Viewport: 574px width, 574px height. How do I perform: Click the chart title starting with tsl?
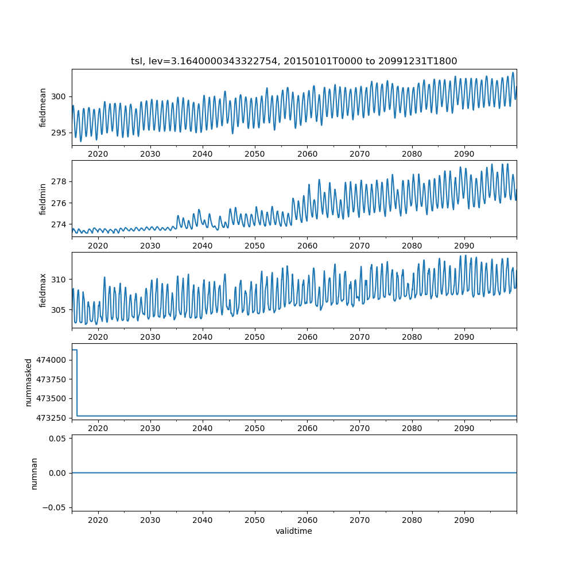[294, 61]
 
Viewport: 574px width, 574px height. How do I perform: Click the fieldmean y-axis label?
[43, 107]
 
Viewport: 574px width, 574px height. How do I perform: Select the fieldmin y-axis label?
[43, 199]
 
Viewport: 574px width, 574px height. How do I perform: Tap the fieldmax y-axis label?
[43, 290]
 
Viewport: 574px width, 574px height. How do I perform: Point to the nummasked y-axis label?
[29, 382]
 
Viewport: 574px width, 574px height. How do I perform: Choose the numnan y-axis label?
[34, 473]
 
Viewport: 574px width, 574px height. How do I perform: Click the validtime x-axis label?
[294, 531]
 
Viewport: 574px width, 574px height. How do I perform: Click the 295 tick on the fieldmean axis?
[59, 133]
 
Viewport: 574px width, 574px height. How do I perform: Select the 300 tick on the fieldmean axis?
[59, 96]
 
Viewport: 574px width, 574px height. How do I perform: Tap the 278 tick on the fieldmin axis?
[59, 181]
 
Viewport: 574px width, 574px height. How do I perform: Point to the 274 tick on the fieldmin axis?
[59, 224]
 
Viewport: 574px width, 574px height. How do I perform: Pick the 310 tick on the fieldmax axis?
[59, 280]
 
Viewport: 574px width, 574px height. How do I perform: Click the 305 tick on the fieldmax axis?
[59, 310]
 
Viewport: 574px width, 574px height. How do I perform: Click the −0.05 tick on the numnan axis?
[55, 507]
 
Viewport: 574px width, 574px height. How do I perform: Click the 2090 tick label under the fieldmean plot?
[464, 154]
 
